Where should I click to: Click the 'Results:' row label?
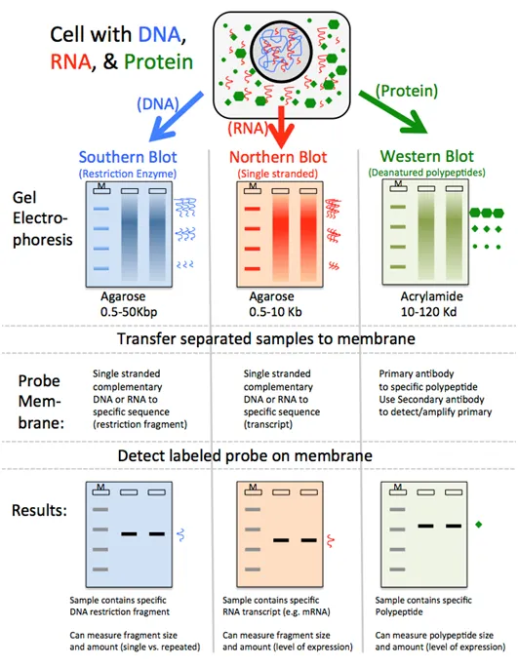point(39,510)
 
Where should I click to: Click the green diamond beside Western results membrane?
point(479,526)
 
